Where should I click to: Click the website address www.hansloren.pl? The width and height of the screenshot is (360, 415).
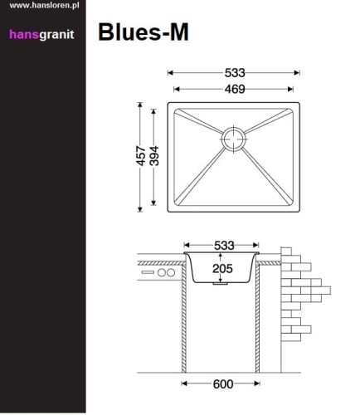[42, 6]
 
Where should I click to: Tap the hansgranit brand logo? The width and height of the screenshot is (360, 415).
[43, 34]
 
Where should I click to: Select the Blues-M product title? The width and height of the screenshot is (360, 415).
[144, 32]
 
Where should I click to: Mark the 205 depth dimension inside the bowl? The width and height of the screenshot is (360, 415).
[221, 267]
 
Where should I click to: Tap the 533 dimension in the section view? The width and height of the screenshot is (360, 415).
[221, 246]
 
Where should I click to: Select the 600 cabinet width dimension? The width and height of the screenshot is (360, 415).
[221, 383]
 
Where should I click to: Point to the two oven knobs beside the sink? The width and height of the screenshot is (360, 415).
[166, 272]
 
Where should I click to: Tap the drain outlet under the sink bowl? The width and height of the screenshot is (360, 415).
[221, 285]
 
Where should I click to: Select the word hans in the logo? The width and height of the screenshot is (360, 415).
[23, 34]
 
